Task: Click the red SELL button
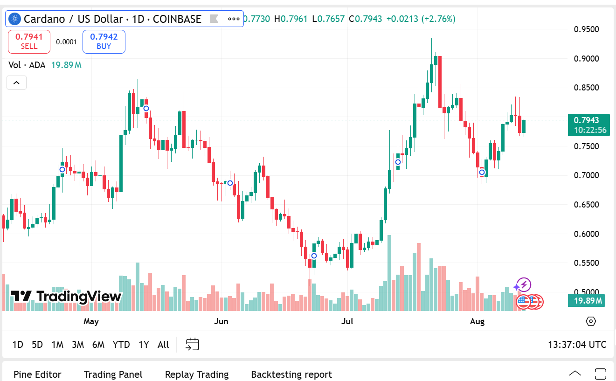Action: [x=29, y=41]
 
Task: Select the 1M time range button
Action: [x=57, y=345]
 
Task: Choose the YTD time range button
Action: [x=121, y=345]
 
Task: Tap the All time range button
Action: [x=163, y=345]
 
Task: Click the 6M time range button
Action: [x=98, y=345]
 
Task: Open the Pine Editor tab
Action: [x=37, y=374]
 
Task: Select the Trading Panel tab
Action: [x=113, y=374]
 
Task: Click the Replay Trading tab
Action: [x=197, y=374]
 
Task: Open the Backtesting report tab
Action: [x=291, y=374]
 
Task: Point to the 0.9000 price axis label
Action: [x=586, y=59]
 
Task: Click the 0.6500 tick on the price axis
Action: [x=586, y=204]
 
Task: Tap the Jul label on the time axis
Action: [x=347, y=321]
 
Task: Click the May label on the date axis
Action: [x=91, y=321]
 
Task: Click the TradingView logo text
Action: [x=66, y=296]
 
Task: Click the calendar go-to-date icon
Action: [x=193, y=344]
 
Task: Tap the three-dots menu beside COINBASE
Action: [x=234, y=19]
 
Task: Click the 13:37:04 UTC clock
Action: [x=577, y=345]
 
